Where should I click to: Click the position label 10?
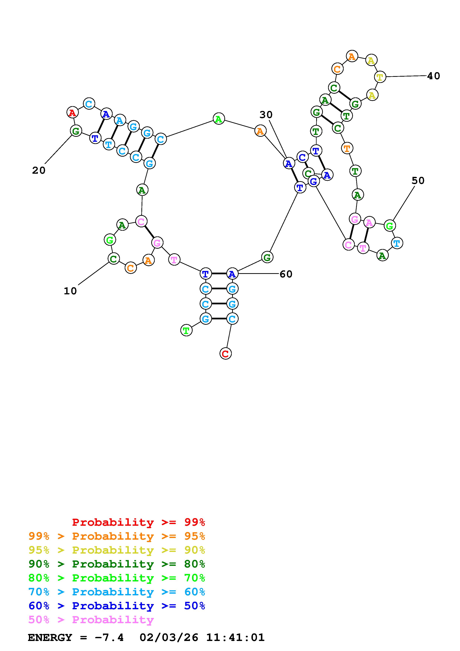point(70,291)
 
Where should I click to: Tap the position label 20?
point(39,170)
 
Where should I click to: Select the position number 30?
point(266,115)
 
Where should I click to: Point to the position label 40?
point(433,76)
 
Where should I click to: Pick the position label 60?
point(286,274)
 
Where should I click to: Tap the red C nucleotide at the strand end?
point(226,354)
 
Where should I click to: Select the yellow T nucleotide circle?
point(380,77)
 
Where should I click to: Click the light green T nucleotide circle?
point(186,330)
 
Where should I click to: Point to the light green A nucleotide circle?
point(219,119)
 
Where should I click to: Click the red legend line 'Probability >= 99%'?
point(139,522)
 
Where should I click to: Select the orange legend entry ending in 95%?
point(117,536)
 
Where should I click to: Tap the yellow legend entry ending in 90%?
point(117,550)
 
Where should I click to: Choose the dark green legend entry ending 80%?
point(117,564)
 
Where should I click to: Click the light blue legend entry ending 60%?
point(117,592)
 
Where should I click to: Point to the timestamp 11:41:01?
point(235,638)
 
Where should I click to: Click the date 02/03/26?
point(169,638)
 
